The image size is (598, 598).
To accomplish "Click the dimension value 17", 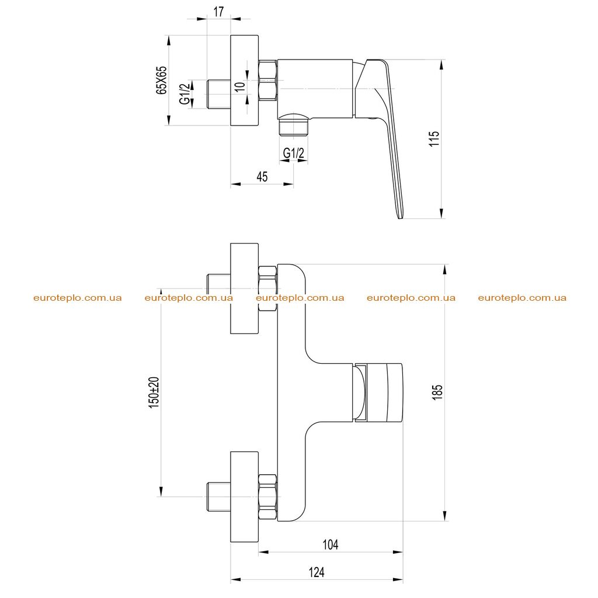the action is point(218,12).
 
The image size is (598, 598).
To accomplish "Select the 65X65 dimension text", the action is point(162,80).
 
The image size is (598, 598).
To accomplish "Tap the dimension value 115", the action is point(434,138).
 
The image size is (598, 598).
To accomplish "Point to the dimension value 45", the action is point(262,176).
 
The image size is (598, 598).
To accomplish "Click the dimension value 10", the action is point(240,86).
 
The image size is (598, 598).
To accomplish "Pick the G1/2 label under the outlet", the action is point(294,154).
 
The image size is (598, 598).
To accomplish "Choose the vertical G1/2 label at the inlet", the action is point(185,94).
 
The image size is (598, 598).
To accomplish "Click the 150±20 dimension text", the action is point(154,392).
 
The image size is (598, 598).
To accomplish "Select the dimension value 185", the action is point(437,392).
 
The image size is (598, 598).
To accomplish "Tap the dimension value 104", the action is point(331,544).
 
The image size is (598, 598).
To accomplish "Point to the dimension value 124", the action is point(317,572).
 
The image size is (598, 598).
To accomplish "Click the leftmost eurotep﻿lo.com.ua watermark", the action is point(78,298).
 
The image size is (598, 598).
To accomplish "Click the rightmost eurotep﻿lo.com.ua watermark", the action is point(522,298).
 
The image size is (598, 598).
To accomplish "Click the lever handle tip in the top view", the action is point(399,216).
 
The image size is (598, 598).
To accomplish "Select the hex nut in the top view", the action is point(267,80).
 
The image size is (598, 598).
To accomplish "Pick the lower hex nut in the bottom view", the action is point(267,496).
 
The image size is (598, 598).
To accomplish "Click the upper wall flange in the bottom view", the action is point(245,288).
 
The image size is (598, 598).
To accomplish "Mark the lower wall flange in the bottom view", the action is point(245,496).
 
